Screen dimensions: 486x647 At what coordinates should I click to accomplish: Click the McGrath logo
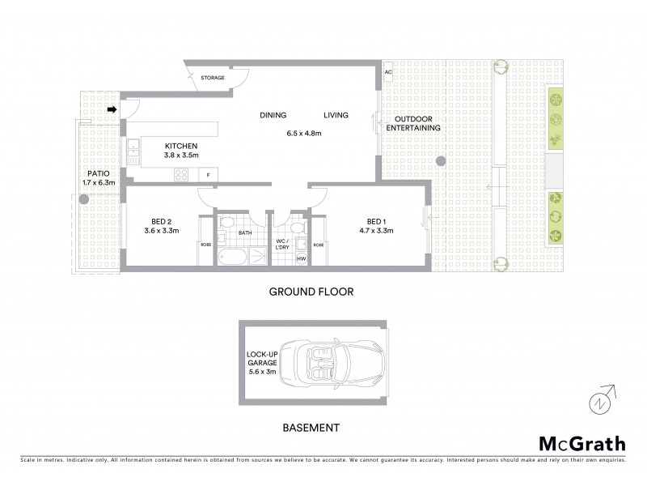pos(581,443)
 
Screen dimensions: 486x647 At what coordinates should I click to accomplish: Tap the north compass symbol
pos(599,400)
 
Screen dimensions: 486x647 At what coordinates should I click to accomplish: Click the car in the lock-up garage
pos(333,362)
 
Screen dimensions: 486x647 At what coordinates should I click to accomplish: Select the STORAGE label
pos(213,77)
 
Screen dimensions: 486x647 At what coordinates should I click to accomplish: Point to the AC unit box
pos(388,72)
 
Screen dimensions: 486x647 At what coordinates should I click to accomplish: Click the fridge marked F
pos(209,175)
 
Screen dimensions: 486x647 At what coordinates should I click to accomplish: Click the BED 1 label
pos(376,220)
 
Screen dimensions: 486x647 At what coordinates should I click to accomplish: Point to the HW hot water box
pos(301,258)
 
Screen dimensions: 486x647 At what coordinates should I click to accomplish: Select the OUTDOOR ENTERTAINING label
pos(412,123)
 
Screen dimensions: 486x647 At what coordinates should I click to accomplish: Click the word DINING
pos(273,115)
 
